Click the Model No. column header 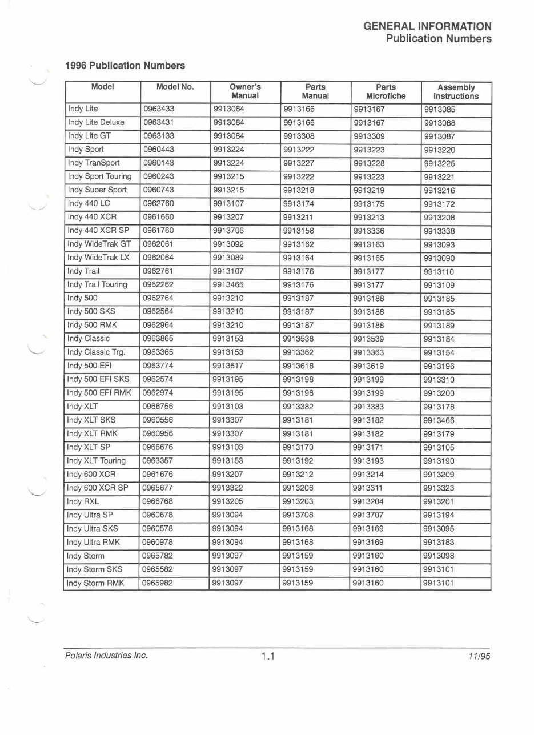[175, 87]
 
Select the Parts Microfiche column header [386, 92]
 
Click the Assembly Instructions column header [456, 92]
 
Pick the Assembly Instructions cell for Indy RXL [439, 502]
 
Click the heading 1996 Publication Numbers [125, 66]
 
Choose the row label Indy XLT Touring [96, 461]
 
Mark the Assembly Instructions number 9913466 [439, 421]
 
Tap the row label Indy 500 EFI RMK [99, 393]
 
